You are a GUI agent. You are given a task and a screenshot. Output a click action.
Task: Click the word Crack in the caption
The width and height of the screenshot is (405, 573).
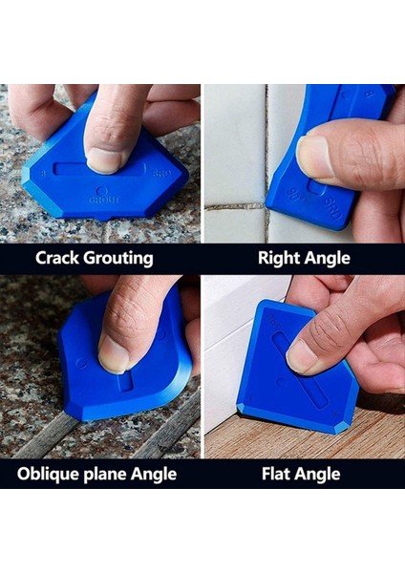(59, 258)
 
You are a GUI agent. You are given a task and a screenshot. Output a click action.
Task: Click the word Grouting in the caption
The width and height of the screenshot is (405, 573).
(118, 258)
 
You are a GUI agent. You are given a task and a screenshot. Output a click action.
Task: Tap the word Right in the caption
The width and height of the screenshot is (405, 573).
(277, 258)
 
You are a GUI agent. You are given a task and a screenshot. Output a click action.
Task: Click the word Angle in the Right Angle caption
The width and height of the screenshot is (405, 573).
(327, 258)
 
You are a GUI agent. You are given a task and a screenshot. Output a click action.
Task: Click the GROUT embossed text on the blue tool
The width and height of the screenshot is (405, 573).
(99, 200)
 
